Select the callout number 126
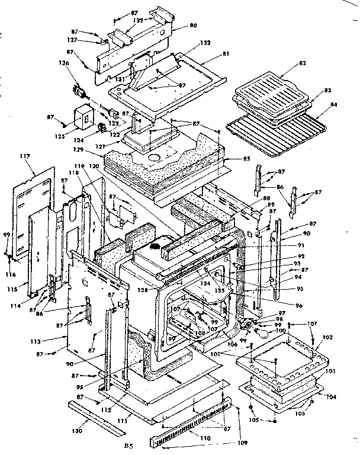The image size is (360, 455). coord(63,63)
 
